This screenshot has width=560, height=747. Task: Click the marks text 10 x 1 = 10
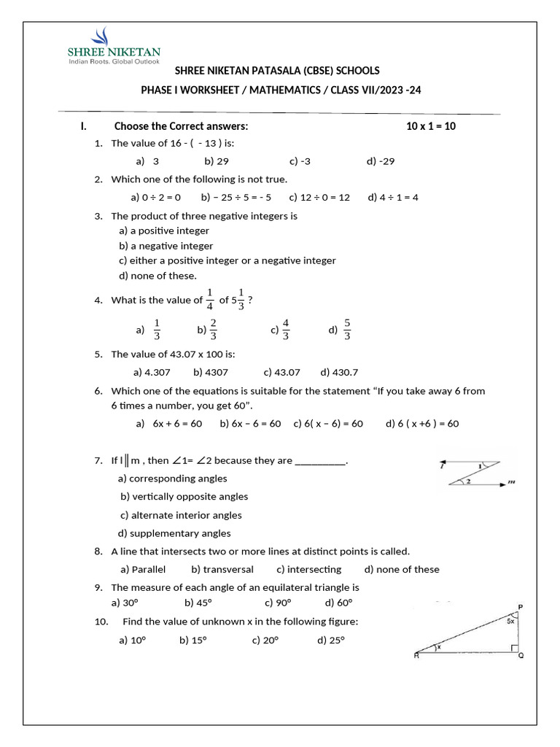pos(431,126)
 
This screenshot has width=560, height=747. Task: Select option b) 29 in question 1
pos(217,161)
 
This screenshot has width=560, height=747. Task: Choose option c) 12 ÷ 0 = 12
pos(319,197)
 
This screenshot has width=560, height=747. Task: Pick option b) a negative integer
pos(166,246)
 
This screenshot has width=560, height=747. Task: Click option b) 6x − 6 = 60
pos(250,423)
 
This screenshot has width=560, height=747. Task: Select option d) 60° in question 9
pos(338,602)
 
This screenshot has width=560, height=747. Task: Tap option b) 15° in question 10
pos(193,640)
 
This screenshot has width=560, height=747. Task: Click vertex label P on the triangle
pos(520,607)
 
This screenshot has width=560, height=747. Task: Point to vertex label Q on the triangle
pos(520,656)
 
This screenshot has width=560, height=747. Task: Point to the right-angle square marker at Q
pos(515,648)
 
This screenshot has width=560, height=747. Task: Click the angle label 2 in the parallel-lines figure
pos(467,482)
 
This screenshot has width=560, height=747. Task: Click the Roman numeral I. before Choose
pos(83,126)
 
